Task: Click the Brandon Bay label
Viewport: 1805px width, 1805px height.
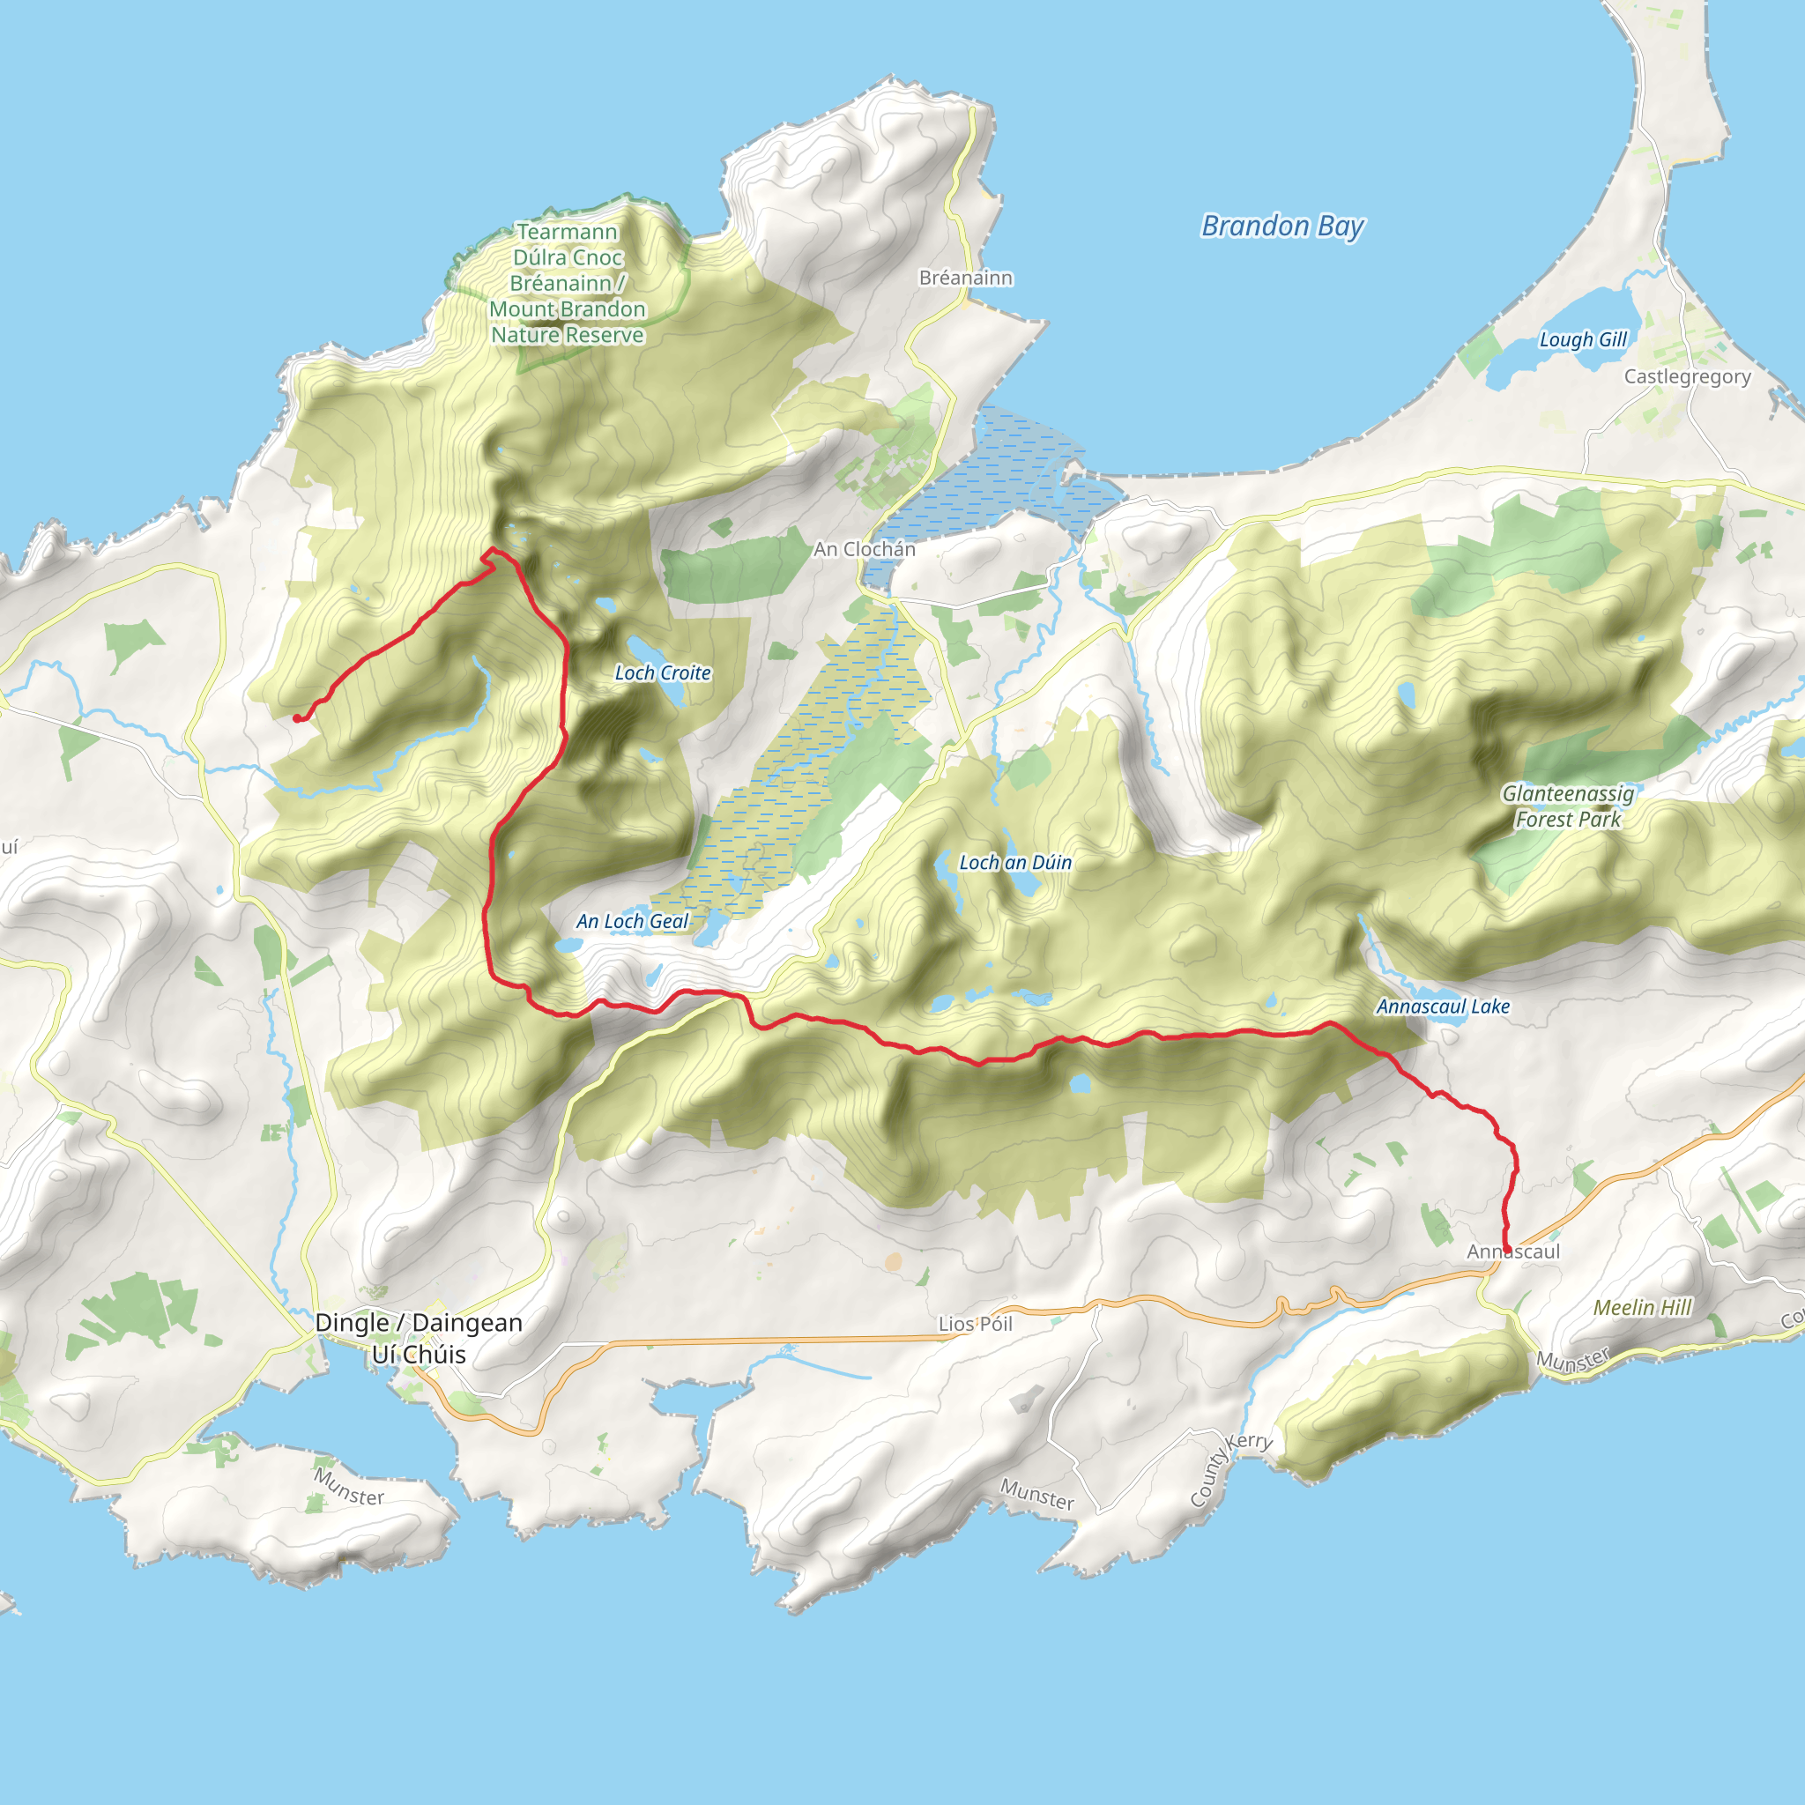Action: coord(1281,227)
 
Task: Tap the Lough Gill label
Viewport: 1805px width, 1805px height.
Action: coord(1583,339)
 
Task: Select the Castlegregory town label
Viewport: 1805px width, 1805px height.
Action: coord(1687,376)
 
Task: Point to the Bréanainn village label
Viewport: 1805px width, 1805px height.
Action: coord(965,278)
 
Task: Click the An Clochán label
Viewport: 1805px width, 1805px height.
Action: coord(865,549)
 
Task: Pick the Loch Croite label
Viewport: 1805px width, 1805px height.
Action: coord(663,672)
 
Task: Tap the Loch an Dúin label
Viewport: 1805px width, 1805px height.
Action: coord(1015,862)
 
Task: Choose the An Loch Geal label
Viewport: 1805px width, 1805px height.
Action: coord(632,921)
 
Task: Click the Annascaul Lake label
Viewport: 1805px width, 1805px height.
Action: coord(1443,1006)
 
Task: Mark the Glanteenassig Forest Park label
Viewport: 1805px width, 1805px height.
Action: coord(1568,806)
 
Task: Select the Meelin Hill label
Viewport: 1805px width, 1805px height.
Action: coord(1643,1307)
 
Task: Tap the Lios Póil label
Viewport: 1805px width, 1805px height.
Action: coord(976,1324)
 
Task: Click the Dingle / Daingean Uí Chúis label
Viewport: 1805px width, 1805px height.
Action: coord(419,1338)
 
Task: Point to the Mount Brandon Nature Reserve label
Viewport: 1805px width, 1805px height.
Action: coord(567,283)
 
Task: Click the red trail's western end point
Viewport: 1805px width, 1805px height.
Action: coord(297,717)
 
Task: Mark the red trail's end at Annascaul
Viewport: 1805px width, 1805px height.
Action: coord(1507,1250)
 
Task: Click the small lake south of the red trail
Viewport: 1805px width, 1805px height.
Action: coord(1080,1084)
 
